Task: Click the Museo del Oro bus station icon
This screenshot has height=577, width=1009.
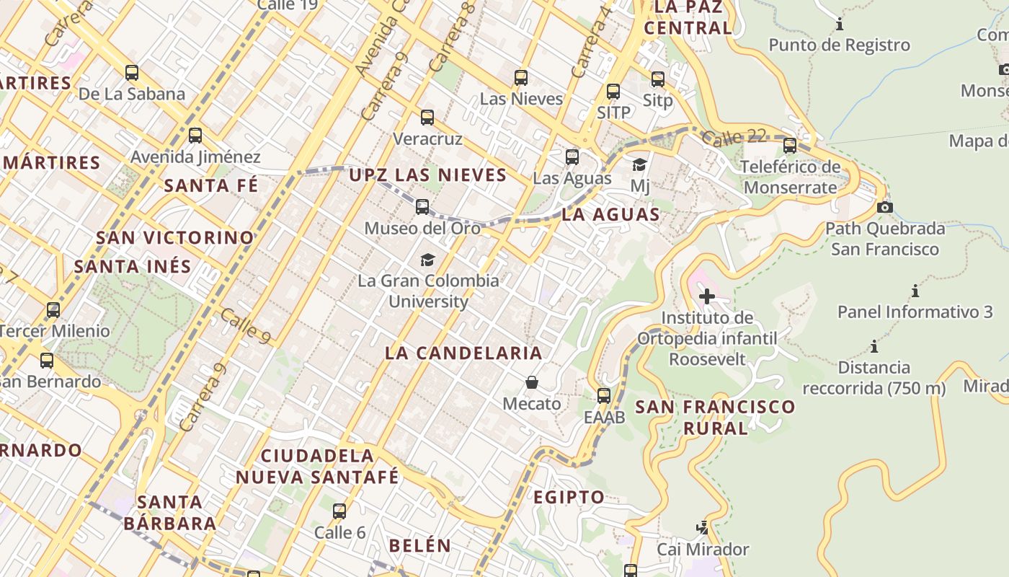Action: click(422, 207)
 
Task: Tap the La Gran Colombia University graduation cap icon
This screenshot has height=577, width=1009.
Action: click(427, 260)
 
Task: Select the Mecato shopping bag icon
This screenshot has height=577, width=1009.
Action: click(532, 382)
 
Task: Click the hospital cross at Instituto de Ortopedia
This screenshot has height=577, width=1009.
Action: click(706, 296)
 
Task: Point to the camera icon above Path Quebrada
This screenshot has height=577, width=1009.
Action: click(884, 208)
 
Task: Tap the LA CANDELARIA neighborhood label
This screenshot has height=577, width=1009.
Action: click(463, 353)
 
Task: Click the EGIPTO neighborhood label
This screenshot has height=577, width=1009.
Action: click(569, 497)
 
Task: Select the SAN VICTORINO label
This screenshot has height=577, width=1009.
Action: click(175, 237)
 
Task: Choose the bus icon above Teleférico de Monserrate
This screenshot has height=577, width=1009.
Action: click(790, 146)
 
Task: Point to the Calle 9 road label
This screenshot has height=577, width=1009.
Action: click(246, 327)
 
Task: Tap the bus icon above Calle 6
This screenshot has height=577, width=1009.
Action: click(339, 511)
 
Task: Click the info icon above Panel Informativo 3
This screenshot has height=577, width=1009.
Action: click(915, 291)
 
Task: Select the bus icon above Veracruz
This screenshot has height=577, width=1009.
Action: click(427, 118)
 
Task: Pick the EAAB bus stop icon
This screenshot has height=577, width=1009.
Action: click(604, 396)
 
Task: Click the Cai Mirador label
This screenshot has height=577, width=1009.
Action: click(703, 550)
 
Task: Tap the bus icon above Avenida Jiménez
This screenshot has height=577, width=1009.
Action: click(195, 136)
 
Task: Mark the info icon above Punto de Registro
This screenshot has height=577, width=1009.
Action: click(840, 25)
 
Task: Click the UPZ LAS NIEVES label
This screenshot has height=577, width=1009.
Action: click(428, 175)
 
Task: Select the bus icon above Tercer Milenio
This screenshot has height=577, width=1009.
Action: click(53, 310)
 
